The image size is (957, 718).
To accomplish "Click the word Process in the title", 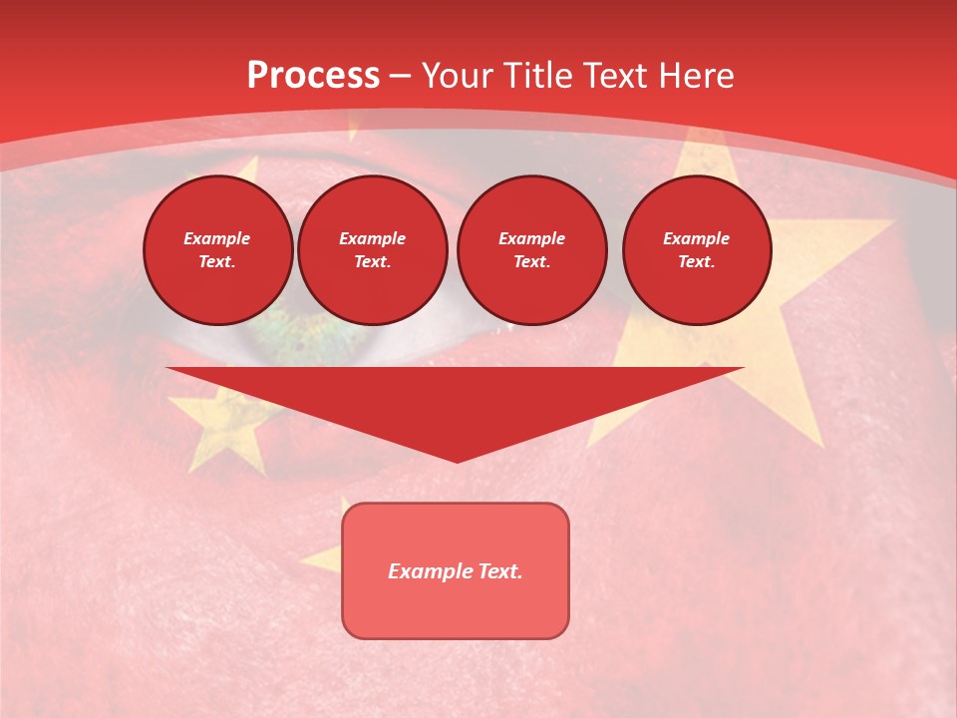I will [313, 76].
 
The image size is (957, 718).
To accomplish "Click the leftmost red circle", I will [218, 250].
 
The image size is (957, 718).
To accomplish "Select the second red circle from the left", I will [373, 250].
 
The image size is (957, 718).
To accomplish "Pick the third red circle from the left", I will [531, 250].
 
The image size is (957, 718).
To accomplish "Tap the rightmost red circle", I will [697, 250].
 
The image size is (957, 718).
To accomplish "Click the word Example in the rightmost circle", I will [697, 238].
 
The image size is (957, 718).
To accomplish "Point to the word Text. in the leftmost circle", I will [217, 262].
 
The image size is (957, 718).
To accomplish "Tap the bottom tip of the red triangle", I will [457, 460].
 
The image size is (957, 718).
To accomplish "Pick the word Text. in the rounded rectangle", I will [499, 571].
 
